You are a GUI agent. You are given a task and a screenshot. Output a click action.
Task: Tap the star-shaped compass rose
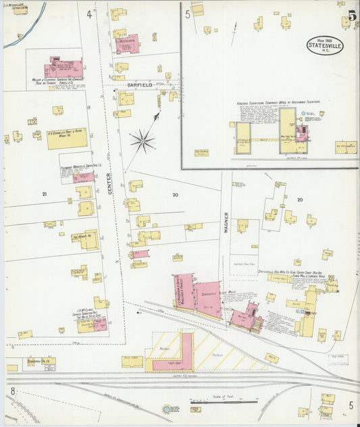coord(142,140)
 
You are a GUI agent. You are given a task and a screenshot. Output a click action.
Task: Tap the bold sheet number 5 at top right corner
coord(352,16)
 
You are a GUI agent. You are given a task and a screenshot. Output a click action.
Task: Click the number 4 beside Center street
coord(89,14)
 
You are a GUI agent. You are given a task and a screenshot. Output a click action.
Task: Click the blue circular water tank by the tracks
coord(167,409)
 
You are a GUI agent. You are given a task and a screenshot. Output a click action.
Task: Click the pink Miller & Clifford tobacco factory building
coord(64,69)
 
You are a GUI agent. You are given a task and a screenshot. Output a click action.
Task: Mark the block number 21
coord(45,195)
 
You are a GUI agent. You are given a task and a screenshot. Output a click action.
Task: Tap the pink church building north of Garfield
coord(126,44)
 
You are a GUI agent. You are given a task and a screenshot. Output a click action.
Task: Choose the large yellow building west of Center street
coord(67,138)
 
